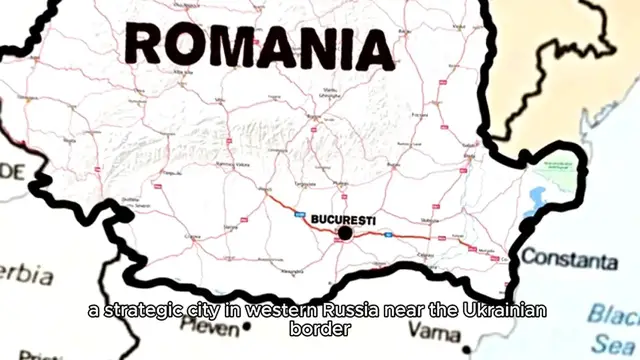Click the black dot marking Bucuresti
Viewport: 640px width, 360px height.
pyautogui.click(x=345, y=233)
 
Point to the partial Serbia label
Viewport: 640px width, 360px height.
pyautogui.click(x=26, y=273)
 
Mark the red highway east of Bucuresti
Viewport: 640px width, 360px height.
pyautogui.click(x=400, y=237)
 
